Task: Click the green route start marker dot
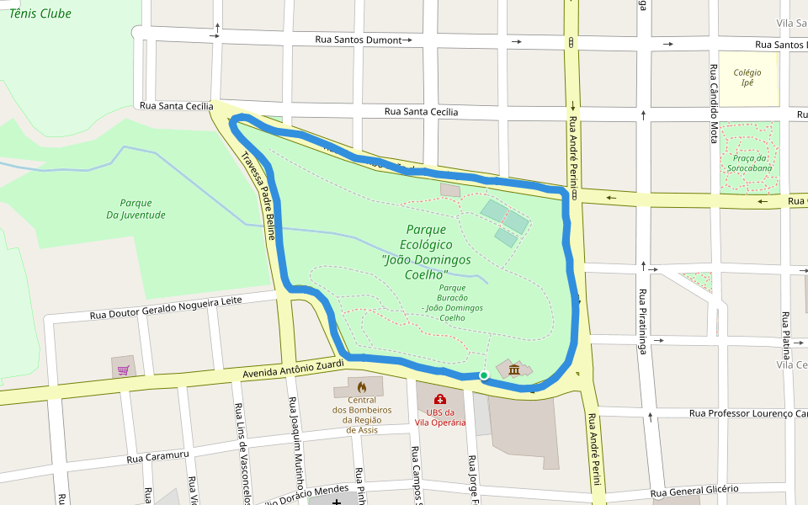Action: point(484,375)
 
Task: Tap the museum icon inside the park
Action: point(513,369)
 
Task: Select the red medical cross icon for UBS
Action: point(439,399)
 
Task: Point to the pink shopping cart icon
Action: point(123,369)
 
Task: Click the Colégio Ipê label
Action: point(747,77)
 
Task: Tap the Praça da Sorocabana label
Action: point(749,163)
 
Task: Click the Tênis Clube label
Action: point(40,13)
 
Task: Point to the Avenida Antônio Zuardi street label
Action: point(294,367)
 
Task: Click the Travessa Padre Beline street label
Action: point(258,195)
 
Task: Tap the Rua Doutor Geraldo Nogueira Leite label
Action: point(166,308)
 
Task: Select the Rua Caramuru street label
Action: point(158,456)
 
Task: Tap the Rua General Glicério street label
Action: point(694,490)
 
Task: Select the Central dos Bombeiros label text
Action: point(362,414)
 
